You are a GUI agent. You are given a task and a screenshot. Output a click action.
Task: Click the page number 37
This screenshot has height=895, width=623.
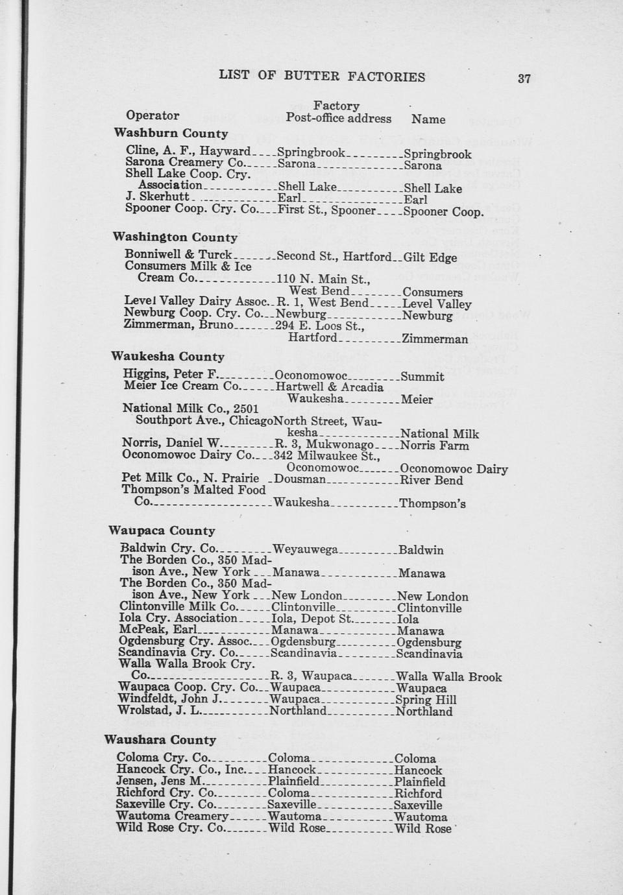524,78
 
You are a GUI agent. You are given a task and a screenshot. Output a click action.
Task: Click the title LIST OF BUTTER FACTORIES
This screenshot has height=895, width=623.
322,76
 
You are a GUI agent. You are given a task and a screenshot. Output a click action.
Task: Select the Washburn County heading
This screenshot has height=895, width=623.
171,134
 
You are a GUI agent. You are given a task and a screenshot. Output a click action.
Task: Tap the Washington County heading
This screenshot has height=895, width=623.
175,237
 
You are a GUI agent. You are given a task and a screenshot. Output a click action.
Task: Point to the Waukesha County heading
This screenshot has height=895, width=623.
167,357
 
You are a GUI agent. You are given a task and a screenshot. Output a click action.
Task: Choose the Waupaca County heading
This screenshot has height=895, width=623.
162,531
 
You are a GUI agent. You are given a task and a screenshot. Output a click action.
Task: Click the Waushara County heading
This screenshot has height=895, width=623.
160,740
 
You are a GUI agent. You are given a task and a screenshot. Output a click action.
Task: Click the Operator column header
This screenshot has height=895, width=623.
153,115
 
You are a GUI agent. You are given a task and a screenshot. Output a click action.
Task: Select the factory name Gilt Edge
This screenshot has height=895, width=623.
430,257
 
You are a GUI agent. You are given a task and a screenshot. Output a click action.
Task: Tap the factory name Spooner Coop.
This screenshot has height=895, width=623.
443,211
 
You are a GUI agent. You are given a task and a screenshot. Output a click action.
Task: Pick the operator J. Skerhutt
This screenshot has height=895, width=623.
158,197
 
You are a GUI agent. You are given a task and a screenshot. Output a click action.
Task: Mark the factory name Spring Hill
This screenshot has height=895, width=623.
426,700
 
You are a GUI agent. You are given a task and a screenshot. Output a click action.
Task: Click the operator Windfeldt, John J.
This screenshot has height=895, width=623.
171,699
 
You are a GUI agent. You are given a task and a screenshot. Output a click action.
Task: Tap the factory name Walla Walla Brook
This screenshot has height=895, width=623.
448,677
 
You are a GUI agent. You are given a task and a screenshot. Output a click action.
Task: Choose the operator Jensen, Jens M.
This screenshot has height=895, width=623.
160,782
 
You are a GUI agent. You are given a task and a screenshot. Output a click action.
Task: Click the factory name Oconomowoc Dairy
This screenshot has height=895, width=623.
454,469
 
